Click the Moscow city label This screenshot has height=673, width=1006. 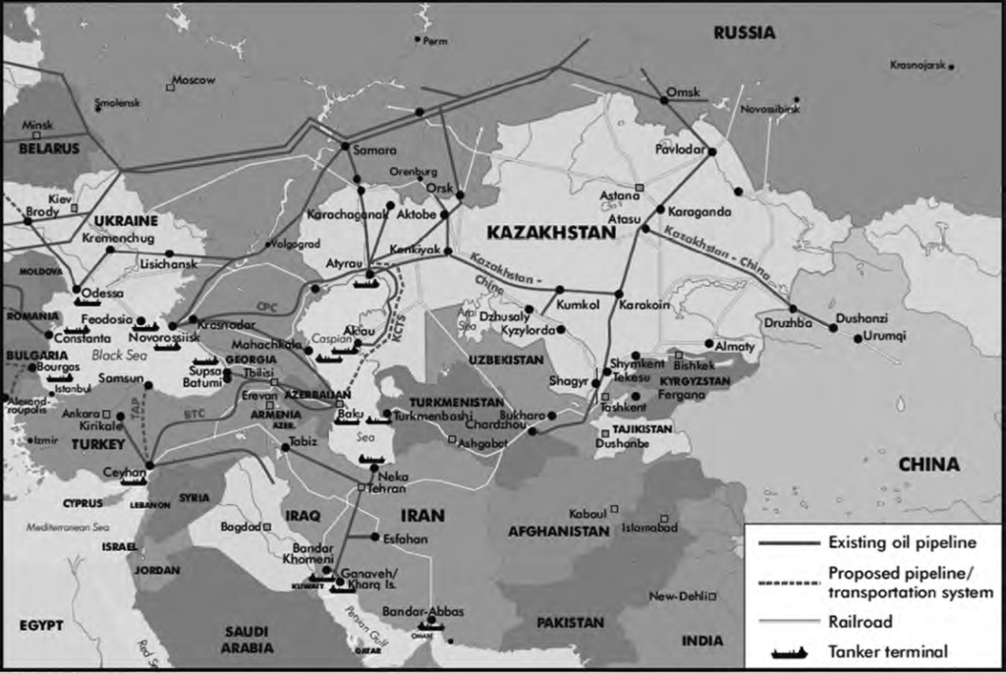194,81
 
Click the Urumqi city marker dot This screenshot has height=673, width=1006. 858,339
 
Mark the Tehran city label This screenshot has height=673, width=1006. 387,488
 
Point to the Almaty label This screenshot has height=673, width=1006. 735,347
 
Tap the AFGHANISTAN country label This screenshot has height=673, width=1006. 558,532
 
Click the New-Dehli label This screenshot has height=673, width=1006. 678,596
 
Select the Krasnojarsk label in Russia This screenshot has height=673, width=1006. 916,65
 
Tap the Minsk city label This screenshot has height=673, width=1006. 36,126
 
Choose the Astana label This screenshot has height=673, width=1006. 619,196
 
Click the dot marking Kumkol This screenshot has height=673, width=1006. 559,290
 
